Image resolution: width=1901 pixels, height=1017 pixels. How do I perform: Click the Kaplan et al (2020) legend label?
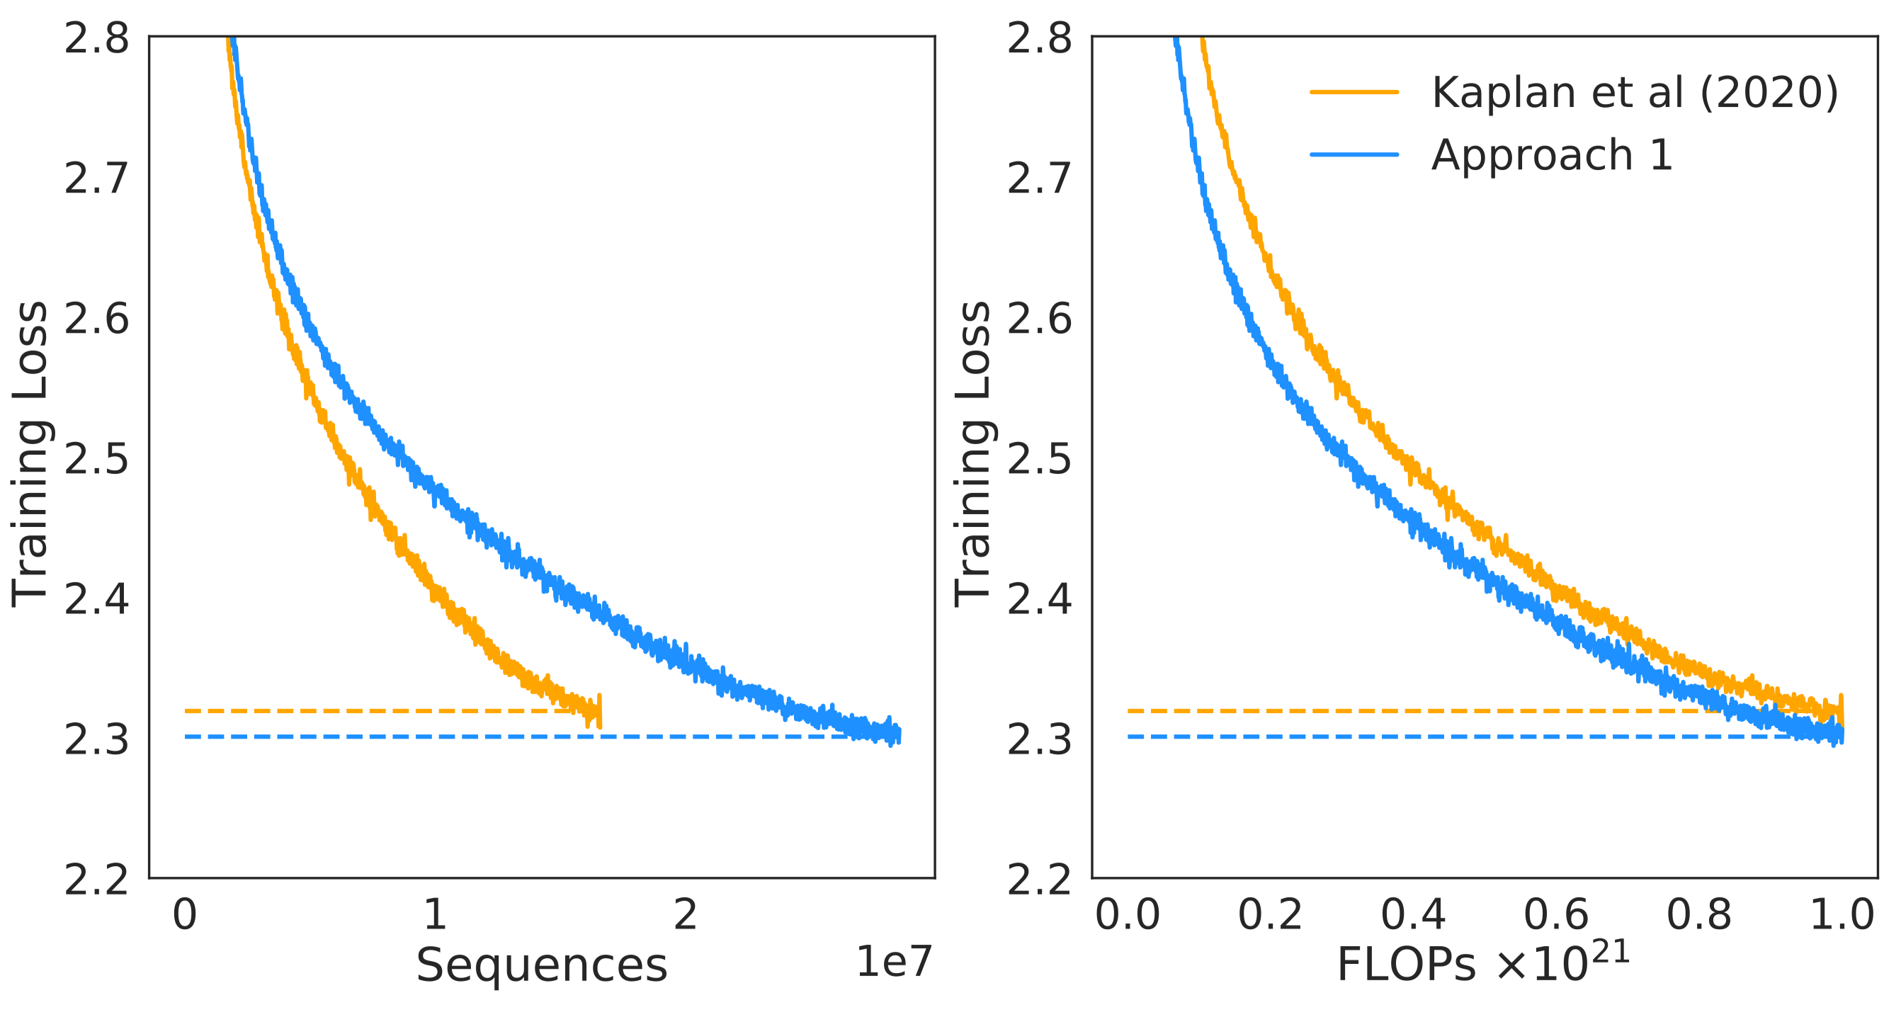[x=1635, y=93]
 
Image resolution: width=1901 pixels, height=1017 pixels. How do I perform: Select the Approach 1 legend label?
[x=1552, y=155]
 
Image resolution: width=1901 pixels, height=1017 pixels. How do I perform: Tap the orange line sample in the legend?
[x=1354, y=92]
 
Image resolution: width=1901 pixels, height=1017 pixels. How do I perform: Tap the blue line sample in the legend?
[x=1354, y=154]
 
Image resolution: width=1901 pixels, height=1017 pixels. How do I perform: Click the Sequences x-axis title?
[x=542, y=965]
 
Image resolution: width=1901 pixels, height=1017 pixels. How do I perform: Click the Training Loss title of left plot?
[x=30, y=455]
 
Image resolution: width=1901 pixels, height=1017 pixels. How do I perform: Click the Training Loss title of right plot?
[x=972, y=455]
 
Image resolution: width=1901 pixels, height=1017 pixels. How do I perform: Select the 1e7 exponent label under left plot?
[x=894, y=962]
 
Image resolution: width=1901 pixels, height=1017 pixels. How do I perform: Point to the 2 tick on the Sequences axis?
[x=686, y=914]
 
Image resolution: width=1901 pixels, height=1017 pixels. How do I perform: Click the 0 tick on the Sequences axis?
[x=184, y=914]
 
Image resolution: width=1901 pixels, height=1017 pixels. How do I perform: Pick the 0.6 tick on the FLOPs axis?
[x=1556, y=914]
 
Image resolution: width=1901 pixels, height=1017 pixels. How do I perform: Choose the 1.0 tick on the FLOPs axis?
[x=1842, y=914]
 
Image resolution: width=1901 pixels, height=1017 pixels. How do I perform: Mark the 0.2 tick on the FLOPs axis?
[x=1270, y=914]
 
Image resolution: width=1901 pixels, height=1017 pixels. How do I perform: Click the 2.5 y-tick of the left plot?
[x=96, y=459]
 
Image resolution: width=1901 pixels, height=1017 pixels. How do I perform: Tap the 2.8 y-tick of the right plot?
[x=1040, y=38]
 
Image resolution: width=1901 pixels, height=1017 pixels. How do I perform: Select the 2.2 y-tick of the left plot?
[x=96, y=879]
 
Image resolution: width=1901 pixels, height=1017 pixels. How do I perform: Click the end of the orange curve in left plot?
[x=599, y=713]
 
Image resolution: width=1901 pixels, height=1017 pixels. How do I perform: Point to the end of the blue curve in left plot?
[x=898, y=735]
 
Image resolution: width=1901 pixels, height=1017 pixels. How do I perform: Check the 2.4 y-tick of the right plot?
[x=1040, y=598]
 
